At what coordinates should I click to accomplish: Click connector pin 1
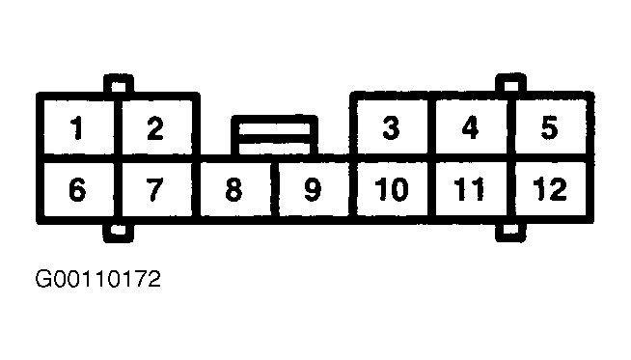pos(77,128)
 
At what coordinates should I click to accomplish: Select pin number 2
pos(155,128)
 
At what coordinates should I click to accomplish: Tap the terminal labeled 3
pos(391,128)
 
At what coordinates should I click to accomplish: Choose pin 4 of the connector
pos(470,128)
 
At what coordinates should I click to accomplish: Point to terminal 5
pos(549,128)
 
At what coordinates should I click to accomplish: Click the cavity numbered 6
pos(77,190)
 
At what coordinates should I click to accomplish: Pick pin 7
pos(155,190)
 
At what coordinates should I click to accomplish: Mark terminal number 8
pos(233,190)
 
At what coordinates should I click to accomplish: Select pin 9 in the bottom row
pos(312,190)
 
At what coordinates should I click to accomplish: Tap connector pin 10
pos(391,190)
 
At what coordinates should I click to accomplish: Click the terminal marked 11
pos(470,190)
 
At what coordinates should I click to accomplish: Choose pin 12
pos(549,190)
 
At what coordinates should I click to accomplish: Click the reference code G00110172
pos(97,280)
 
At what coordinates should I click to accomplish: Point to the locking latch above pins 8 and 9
pos(274,136)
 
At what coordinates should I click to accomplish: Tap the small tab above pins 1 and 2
pos(120,85)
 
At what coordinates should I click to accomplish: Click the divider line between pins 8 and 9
pos(274,190)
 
